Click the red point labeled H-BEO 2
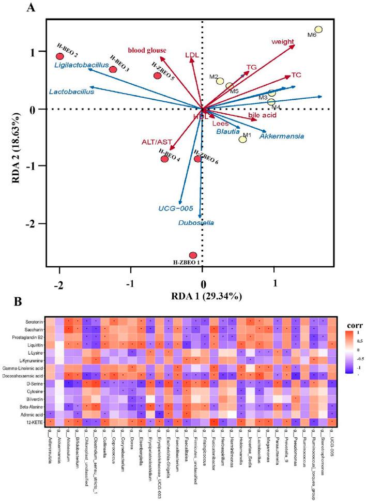coord(60,56)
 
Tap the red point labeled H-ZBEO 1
coord(193,255)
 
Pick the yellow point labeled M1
coord(243,140)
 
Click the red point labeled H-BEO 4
coord(164,159)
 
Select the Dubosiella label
coord(195,223)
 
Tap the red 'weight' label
coord(283,41)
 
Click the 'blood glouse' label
coord(147,50)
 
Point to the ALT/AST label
coord(156,142)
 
